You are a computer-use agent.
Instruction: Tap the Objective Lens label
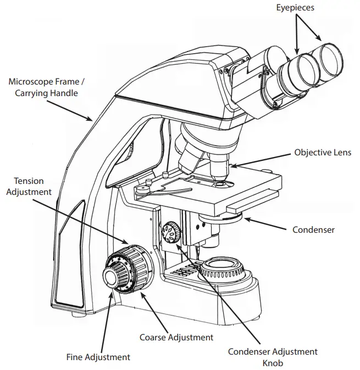(322, 152)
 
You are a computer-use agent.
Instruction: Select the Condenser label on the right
(313, 229)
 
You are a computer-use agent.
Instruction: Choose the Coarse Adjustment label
(176, 337)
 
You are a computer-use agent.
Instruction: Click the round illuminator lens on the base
(223, 270)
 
